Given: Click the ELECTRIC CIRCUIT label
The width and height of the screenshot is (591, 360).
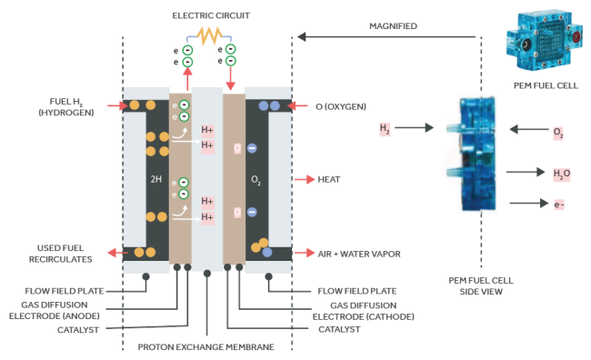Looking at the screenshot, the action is click(211, 15).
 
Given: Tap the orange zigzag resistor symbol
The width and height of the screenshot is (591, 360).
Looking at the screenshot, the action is click(209, 35).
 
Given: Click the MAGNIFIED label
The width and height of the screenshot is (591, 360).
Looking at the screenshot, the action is click(393, 26).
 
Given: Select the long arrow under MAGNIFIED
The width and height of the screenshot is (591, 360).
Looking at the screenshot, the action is click(386, 37).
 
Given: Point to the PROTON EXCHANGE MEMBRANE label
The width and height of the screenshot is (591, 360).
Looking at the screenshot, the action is click(205, 346).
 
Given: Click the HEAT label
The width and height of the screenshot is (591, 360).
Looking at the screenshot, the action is click(328, 179).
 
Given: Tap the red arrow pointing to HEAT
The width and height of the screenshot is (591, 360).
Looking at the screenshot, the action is click(305, 179).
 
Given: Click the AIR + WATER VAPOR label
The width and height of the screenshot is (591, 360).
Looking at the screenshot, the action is click(359, 254).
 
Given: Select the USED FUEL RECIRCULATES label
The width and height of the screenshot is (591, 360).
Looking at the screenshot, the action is click(60, 254).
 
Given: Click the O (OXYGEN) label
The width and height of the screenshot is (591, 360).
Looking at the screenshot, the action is click(341, 106).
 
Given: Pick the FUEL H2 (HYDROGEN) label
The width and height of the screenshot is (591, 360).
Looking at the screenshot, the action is click(66, 107).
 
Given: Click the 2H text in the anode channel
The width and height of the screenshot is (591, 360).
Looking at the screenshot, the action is click(156, 179).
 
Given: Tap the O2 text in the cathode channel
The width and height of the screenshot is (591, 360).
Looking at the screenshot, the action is click(255, 180).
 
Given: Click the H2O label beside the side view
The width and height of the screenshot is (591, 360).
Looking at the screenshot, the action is click(562, 174).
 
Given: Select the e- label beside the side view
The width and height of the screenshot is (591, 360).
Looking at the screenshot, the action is click(559, 205).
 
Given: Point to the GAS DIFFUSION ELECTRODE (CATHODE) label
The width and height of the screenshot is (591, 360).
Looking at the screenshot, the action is click(364, 311).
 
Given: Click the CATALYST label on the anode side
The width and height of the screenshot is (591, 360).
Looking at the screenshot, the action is click(78, 330).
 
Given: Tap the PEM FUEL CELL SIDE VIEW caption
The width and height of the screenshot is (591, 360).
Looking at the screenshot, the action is click(481, 285).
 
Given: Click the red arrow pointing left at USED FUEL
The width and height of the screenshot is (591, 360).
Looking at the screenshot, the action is click(117, 253).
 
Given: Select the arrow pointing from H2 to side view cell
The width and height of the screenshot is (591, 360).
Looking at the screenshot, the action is click(414, 128).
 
